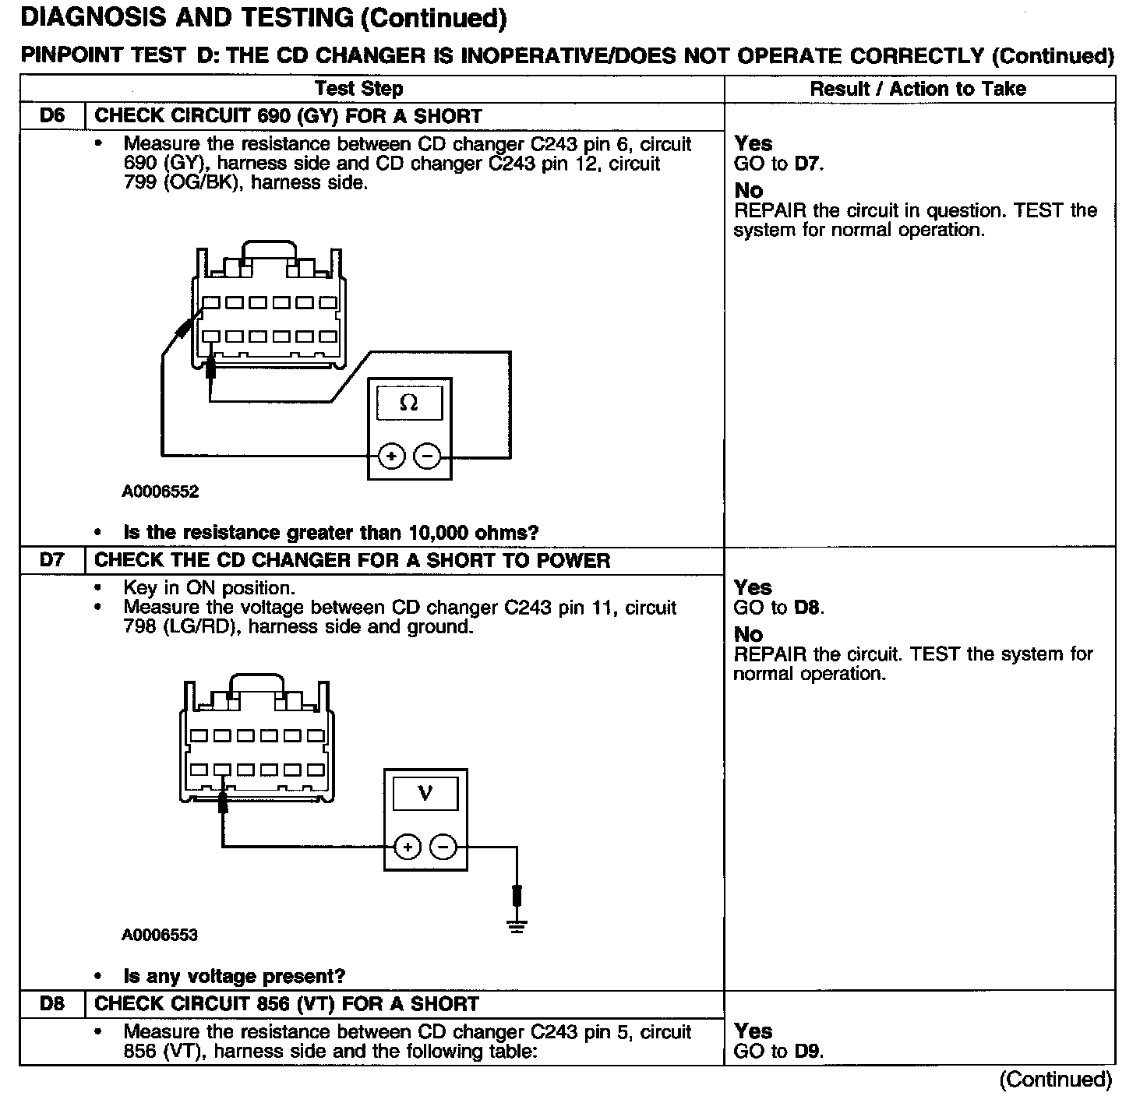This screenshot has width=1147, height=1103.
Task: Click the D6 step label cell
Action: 52,116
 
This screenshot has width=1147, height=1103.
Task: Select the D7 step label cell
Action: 52,561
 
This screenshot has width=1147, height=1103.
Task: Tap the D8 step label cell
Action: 52,1004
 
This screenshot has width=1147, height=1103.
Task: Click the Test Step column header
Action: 359,89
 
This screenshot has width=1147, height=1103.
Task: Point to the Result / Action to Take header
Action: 918,89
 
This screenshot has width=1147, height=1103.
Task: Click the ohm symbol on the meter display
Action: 408,403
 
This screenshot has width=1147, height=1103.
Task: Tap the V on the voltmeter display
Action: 425,794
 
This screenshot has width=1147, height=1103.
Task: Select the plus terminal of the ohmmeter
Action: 392,456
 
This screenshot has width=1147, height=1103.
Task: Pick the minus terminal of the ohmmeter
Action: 426,456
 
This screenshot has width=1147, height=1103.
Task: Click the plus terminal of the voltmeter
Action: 408,847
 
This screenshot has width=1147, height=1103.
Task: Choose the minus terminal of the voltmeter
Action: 443,847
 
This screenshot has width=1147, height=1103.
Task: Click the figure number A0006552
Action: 161,492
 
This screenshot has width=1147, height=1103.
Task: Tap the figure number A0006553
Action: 160,935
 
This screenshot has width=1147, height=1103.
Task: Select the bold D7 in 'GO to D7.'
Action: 806,164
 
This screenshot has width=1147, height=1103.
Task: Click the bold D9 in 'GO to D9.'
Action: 808,1051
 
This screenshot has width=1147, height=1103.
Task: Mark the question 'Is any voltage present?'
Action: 234,976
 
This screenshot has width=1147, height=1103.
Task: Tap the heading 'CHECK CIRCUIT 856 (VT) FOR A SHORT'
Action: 286,1004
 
